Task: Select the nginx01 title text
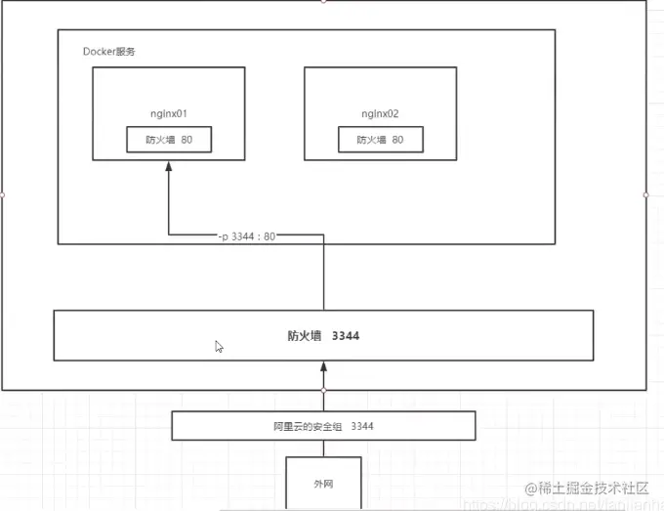[x=169, y=113]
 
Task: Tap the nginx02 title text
[x=379, y=113]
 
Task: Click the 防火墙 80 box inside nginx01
[x=169, y=140]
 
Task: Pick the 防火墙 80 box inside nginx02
[x=381, y=140]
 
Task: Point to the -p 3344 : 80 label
[x=246, y=235]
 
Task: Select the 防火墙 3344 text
[x=323, y=335]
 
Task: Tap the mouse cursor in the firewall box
[x=219, y=346]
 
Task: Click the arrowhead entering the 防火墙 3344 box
[x=323, y=367]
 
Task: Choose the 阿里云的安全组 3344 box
[x=323, y=426]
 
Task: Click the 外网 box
[x=323, y=483]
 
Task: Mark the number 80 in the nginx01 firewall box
[x=187, y=140]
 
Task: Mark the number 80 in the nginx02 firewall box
[x=397, y=140]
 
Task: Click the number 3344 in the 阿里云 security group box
[x=362, y=426]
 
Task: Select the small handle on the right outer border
[x=646, y=194]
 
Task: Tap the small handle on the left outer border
[x=2, y=194]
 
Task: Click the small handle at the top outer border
[x=323, y=1]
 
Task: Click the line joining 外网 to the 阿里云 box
[x=323, y=448]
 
